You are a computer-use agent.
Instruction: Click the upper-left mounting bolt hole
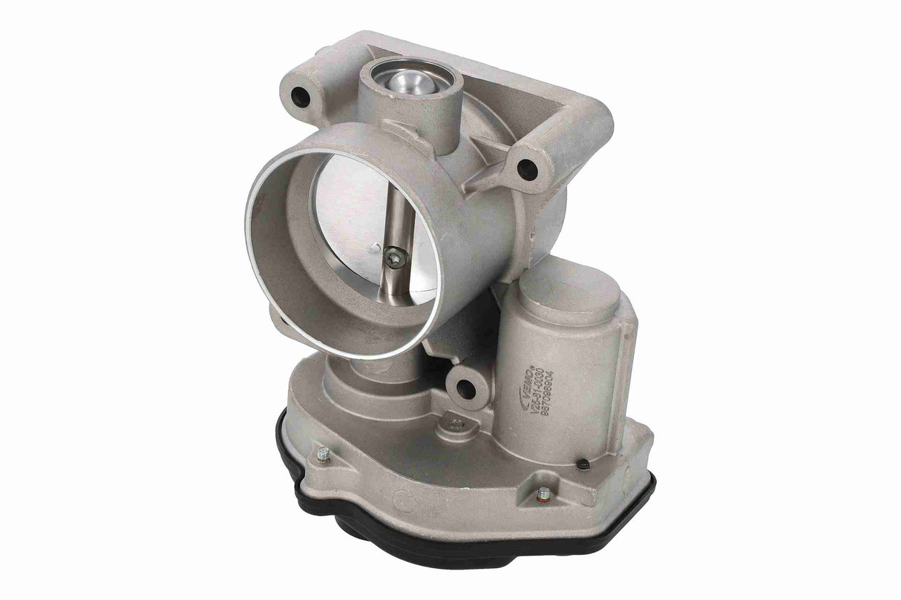[x=301, y=96]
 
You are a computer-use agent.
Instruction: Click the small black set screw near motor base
[x=583, y=466]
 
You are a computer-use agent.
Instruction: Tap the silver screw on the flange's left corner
[x=322, y=454]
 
